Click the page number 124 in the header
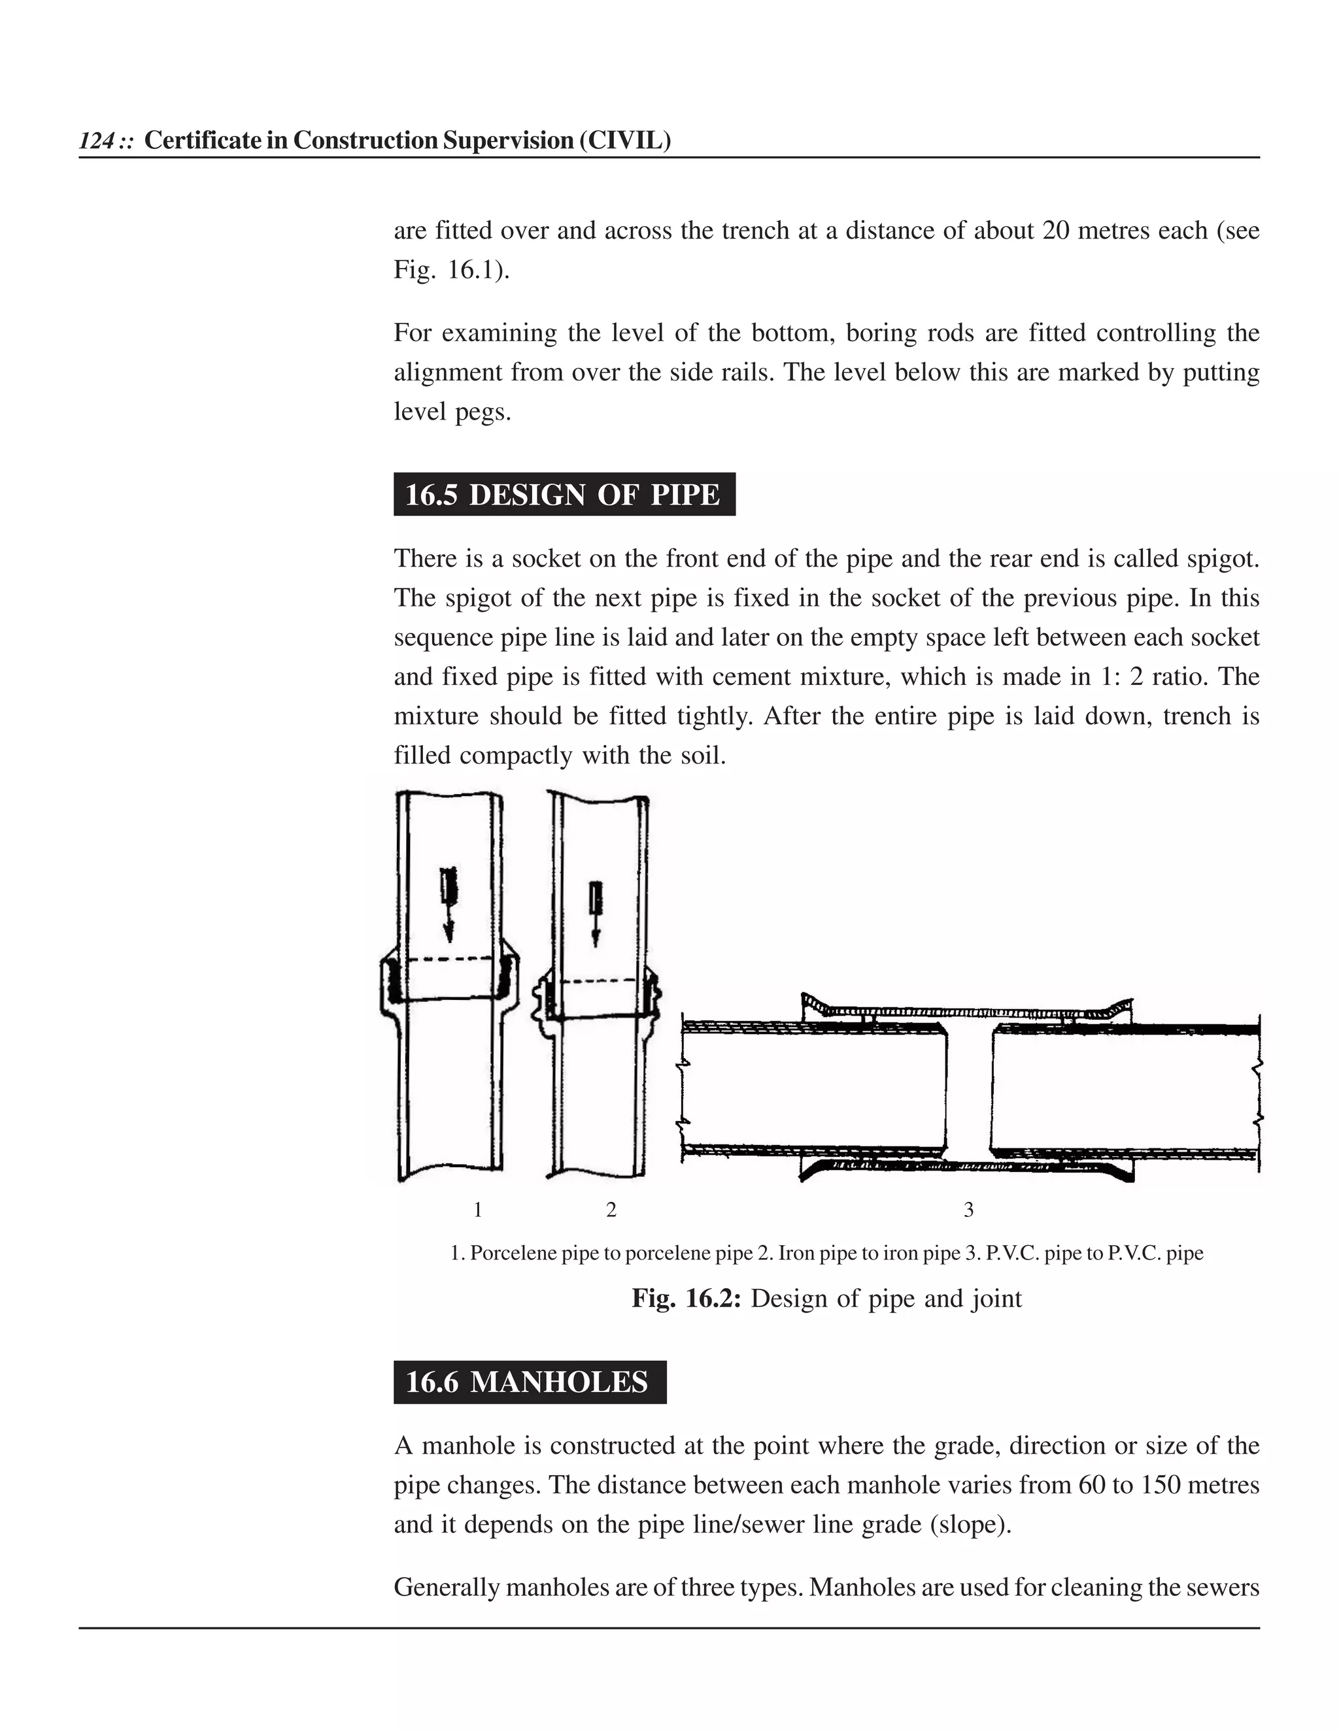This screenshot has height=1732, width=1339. (95, 141)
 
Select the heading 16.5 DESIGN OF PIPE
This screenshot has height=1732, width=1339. (563, 495)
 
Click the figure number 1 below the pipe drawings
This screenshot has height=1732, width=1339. (477, 1209)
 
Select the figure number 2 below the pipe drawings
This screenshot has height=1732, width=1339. (611, 1209)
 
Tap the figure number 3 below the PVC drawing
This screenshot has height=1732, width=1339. (968, 1209)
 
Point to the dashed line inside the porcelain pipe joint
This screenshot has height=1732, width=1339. (450, 959)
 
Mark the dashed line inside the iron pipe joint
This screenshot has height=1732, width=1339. (599, 982)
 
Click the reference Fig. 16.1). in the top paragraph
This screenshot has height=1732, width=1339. (452, 271)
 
